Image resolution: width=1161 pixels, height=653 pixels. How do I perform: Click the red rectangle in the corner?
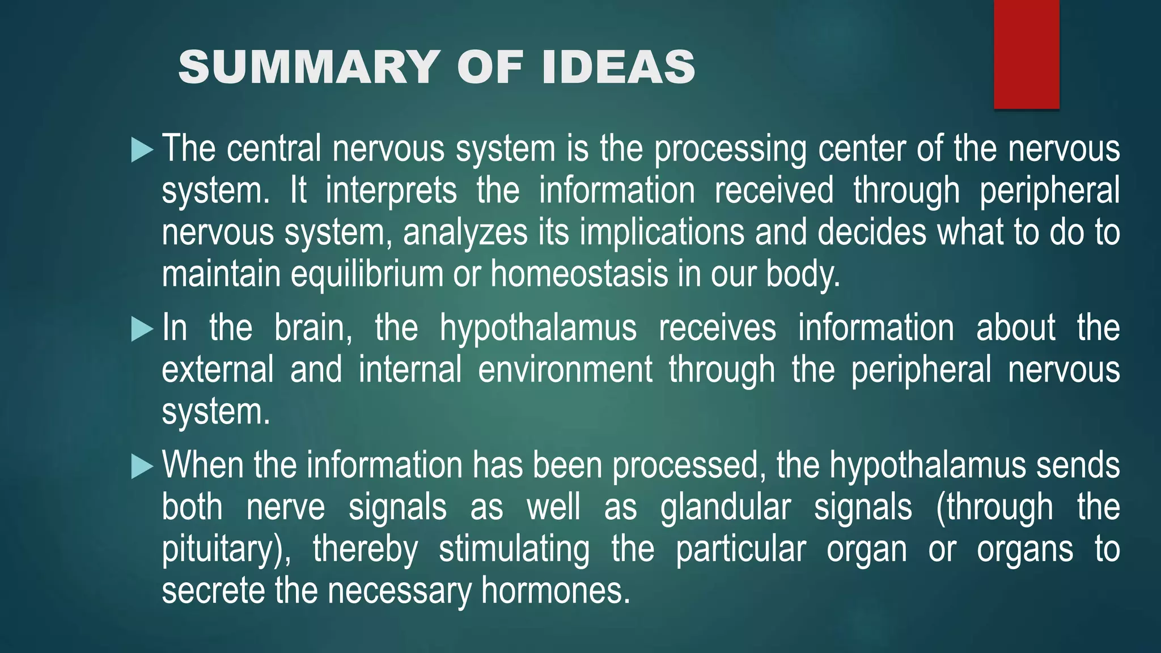click(x=1026, y=54)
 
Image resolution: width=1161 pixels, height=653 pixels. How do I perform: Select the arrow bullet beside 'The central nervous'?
click(x=142, y=150)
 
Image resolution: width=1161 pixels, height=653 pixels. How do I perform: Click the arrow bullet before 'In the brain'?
click(x=142, y=329)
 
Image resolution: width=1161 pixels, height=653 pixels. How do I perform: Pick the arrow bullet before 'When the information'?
click(x=142, y=467)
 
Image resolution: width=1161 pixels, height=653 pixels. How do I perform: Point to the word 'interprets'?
click(x=391, y=191)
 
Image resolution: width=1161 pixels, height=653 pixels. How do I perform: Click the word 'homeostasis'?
click(x=579, y=274)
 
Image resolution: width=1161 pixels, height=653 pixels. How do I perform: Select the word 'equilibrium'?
click(x=367, y=274)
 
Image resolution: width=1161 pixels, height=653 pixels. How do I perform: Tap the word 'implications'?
click(x=662, y=233)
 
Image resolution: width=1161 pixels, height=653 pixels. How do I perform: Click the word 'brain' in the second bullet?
click(x=312, y=329)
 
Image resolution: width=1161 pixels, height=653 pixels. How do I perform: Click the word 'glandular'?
click(x=725, y=508)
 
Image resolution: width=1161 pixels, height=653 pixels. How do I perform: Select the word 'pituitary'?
click(x=222, y=550)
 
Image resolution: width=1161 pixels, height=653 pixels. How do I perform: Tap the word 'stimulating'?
click(x=514, y=550)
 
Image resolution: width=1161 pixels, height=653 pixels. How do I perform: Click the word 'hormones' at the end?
click(x=555, y=591)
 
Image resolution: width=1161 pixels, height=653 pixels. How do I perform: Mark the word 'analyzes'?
click(x=465, y=233)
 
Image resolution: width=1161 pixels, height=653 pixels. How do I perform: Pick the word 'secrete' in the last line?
click(x=213, y=591)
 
